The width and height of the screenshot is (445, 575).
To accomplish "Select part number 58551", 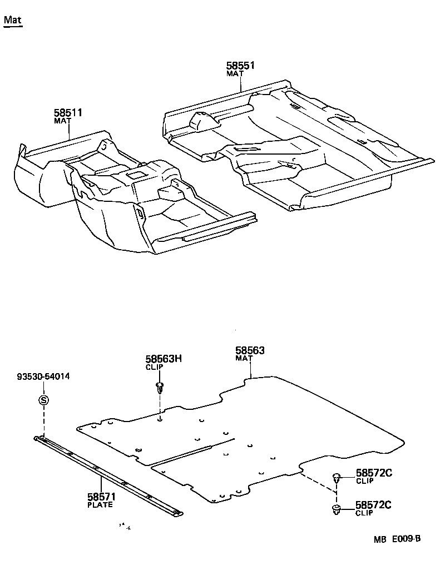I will pyautogui.click(x=240, y=66).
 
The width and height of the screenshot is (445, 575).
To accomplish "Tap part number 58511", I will pyautogui.click(x=68, y=113).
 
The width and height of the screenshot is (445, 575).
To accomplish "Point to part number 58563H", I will pyautogui.click(x=164, y=359).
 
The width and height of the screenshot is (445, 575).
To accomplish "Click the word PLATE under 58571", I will pyautogui.click(x=100, y=505).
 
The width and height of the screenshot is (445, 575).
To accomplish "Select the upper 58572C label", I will pyautogui.click(x=374, y=473).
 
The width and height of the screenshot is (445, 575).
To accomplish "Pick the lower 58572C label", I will pyautogui.click(x=374, y=505).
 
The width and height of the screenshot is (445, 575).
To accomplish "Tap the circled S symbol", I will pyautogui.click(x=43, y=400).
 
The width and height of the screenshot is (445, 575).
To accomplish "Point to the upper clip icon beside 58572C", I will pyautogui.click(x=337, y=477).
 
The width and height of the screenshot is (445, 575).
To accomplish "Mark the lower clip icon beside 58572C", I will pyautogui.click(x=337, y=509).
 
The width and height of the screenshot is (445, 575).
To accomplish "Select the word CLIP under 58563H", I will pyautogui.click(x=155, y=368).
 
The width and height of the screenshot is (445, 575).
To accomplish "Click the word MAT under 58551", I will pyautogui.click(x=235, y=73).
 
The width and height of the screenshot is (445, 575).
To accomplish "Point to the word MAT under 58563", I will pyautogui.click(x=244, y=359).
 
